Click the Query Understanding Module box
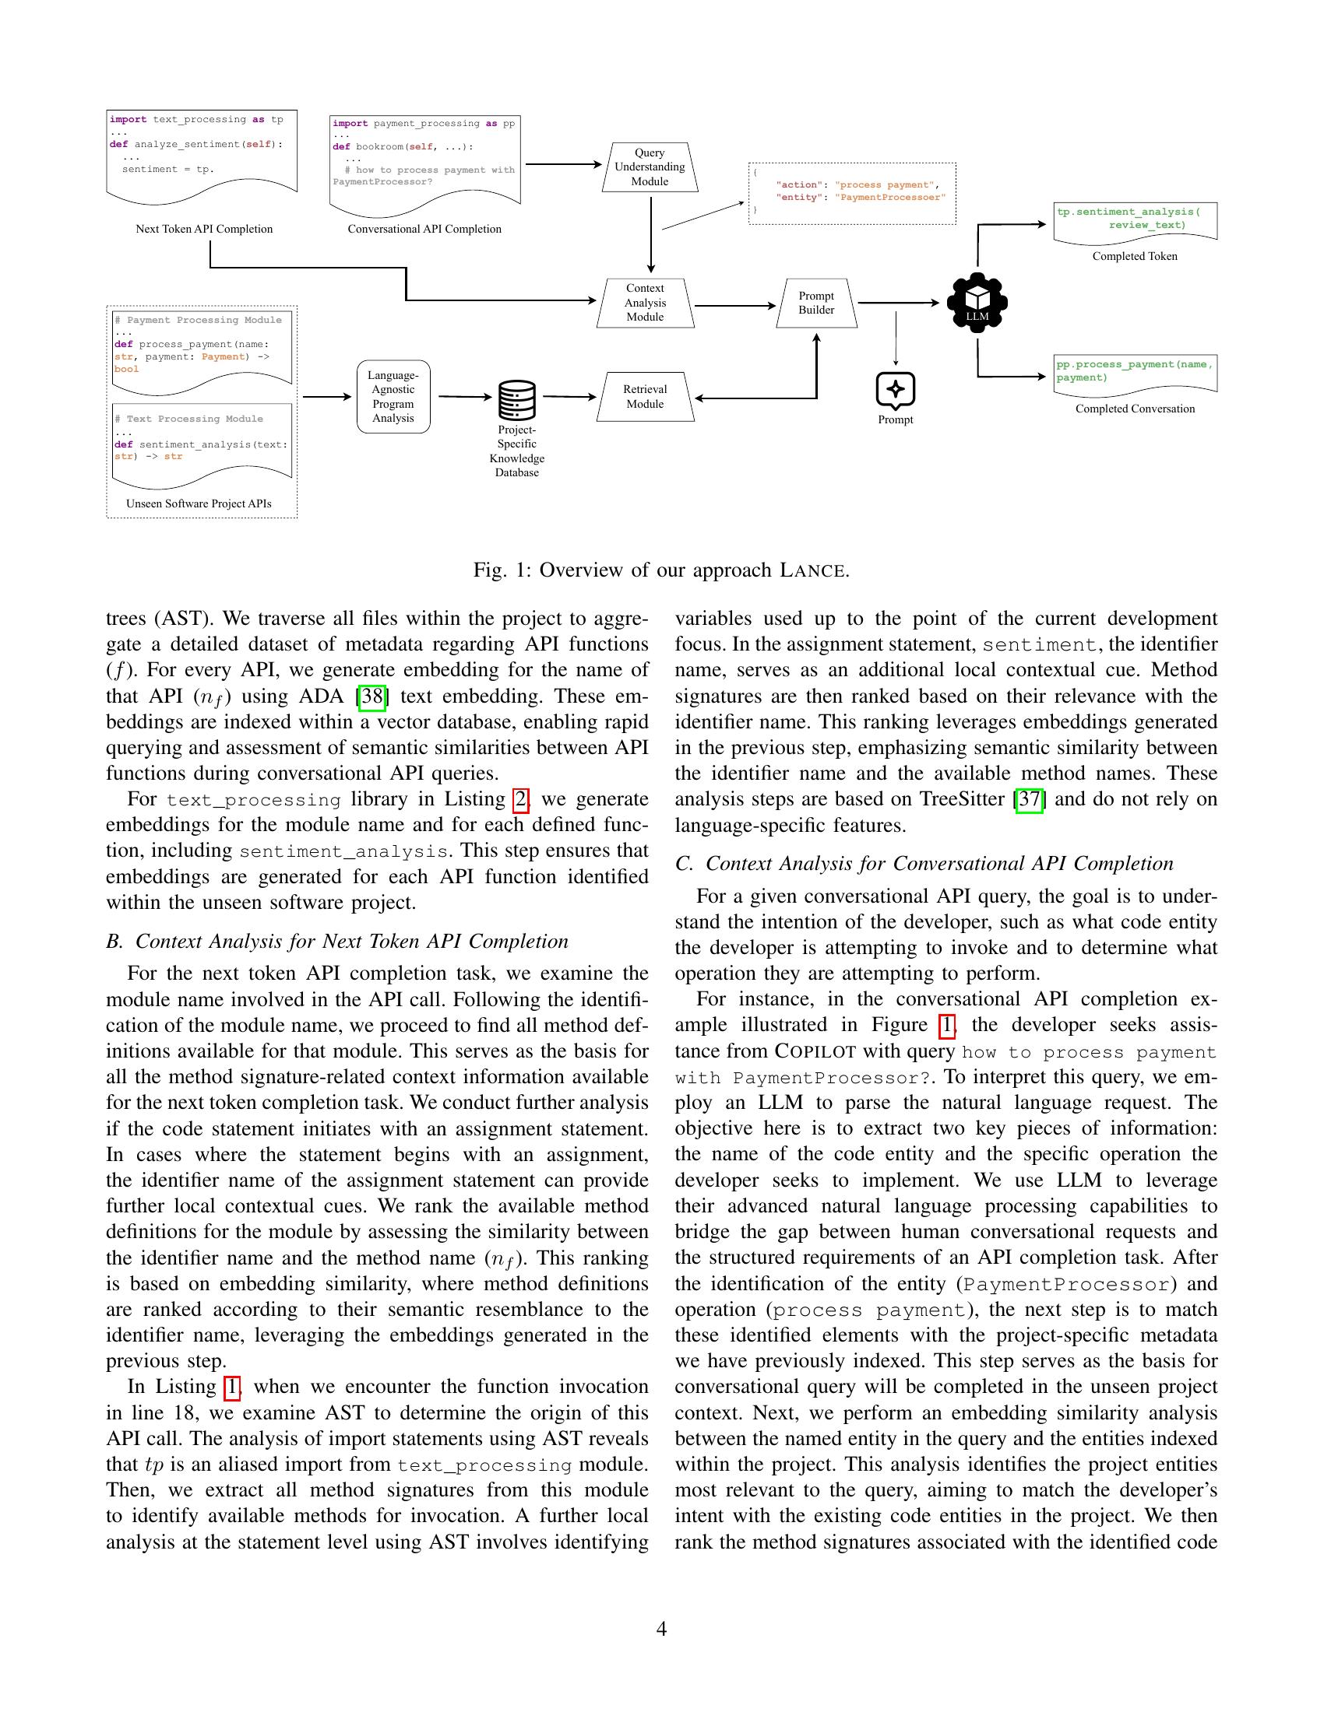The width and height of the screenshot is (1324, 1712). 650,167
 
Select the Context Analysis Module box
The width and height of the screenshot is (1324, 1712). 645,303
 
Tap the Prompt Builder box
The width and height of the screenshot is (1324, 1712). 815,303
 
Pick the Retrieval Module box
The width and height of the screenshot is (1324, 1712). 645,397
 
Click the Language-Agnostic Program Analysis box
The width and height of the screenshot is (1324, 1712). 393,397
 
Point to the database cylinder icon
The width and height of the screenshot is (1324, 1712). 517,400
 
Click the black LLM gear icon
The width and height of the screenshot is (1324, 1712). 977,302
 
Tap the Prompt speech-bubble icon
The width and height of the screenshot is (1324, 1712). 895,390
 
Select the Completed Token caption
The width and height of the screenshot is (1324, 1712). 1134,256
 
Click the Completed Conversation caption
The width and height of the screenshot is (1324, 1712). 1134,409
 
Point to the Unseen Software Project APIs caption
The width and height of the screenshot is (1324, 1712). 199,503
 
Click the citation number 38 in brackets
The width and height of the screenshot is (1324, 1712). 371,696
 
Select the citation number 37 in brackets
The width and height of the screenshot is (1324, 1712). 1028,799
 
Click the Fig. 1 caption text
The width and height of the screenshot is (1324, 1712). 660,570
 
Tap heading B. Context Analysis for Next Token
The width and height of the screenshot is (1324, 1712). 337,942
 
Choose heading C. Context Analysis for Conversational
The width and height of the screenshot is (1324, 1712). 924,864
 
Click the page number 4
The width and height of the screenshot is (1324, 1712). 661,1629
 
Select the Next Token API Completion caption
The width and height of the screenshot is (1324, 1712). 204,229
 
